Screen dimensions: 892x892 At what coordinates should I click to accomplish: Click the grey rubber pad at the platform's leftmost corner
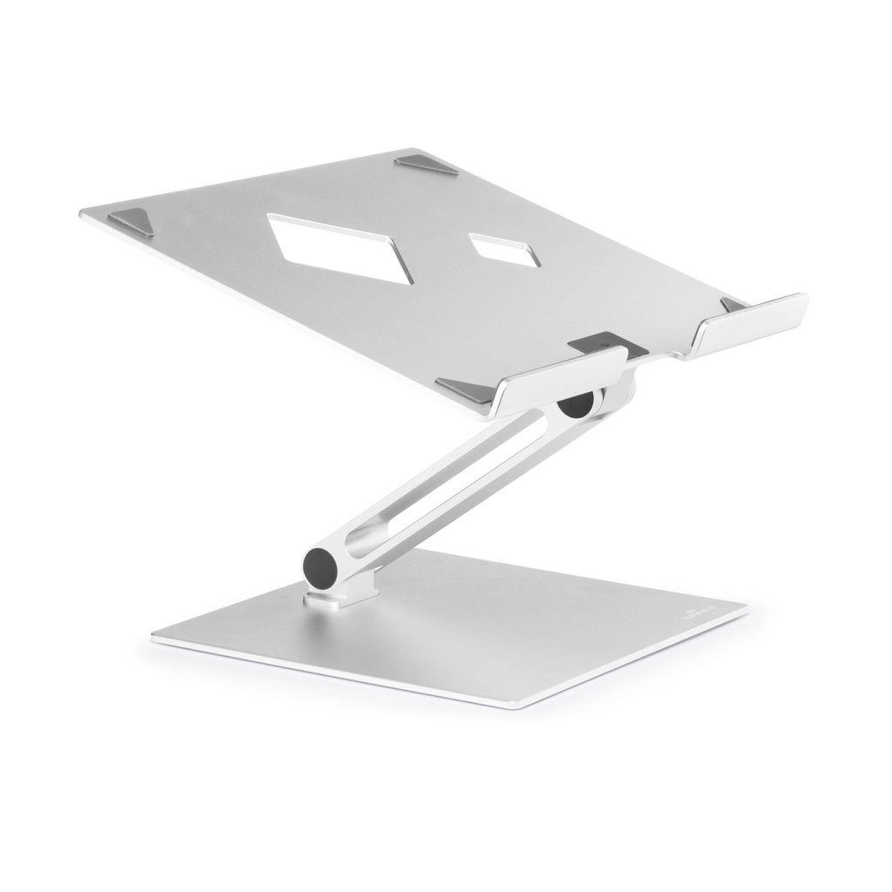[132, 222]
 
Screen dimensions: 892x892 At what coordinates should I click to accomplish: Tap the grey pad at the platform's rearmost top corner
[426, 165]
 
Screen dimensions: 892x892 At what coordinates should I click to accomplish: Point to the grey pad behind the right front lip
[732, 304]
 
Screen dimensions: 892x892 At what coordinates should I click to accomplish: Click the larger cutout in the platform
[340, 247]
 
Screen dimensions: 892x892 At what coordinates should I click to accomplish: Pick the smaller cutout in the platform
[504, 249]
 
